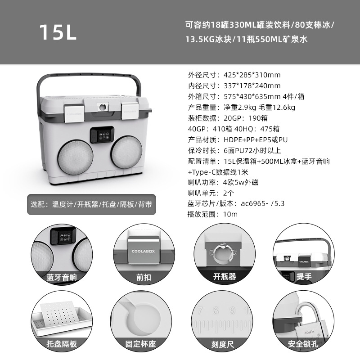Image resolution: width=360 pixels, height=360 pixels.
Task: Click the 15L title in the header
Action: coord(58,31)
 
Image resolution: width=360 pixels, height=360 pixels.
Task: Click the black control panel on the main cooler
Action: coord(102,135)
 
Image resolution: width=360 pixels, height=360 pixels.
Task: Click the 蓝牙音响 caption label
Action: coord(62,277)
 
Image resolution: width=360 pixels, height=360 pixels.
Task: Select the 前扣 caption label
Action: coord(142,277)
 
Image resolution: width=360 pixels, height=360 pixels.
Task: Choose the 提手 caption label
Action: coord(304,277)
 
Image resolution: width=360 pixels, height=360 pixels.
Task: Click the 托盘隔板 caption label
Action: coord(62,344)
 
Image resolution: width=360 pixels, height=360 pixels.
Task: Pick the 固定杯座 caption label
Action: coord(142,344)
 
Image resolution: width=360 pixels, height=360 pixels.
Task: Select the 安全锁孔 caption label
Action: coord(304,344)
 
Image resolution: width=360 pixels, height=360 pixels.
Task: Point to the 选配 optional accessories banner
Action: coord(91,204)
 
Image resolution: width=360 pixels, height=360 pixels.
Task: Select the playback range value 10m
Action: coord(230,215)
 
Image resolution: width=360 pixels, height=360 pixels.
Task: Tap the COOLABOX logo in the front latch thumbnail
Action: coord(142,252)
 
